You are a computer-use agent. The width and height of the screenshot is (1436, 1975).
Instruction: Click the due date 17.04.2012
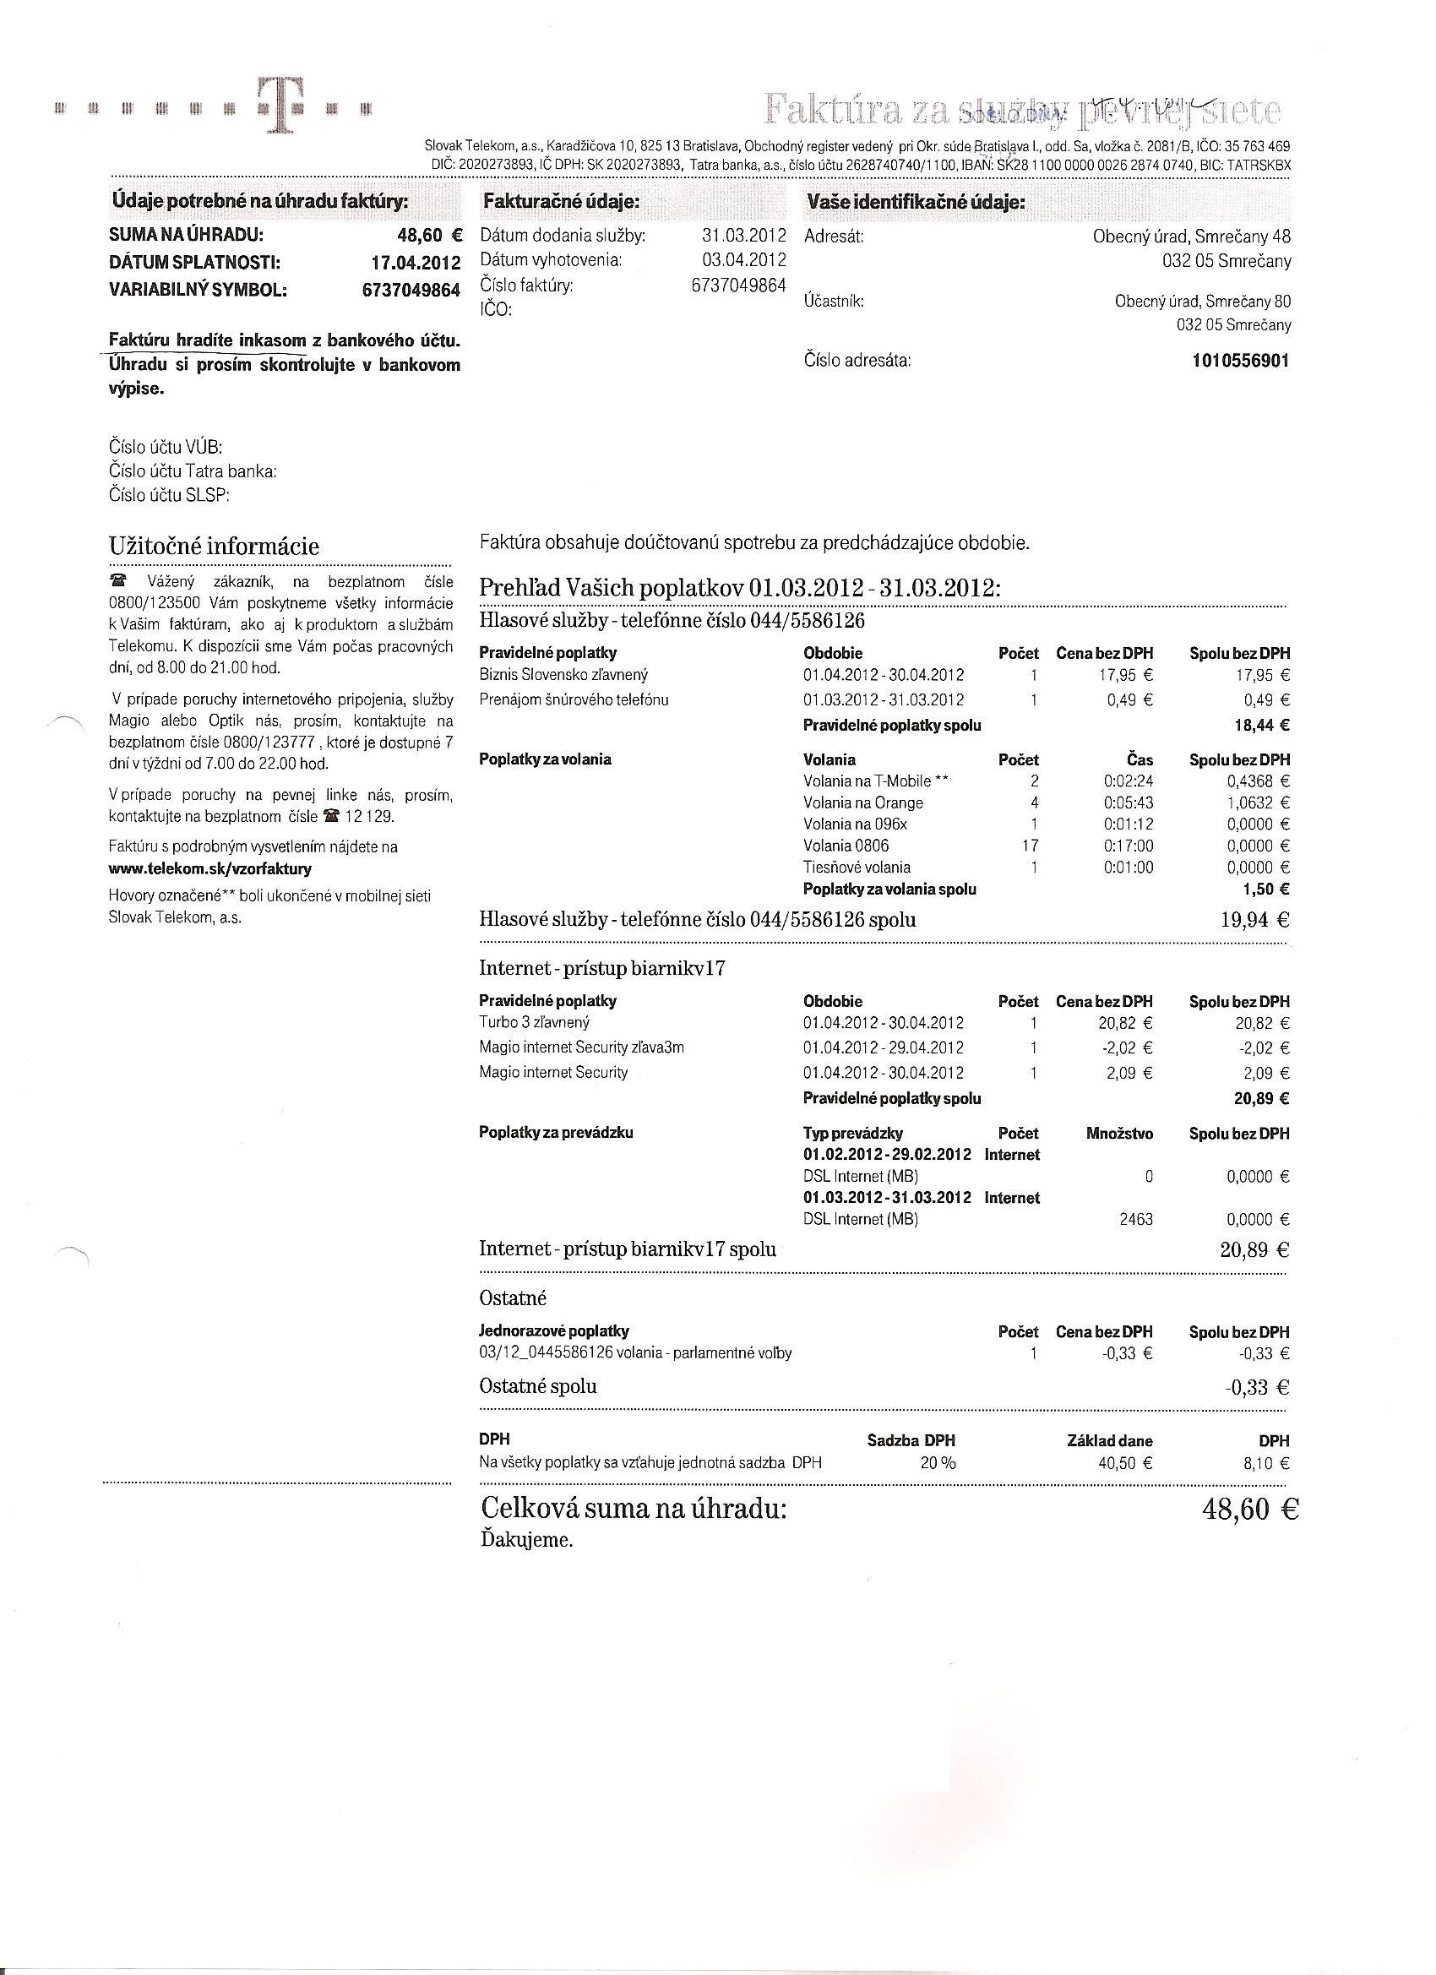416,263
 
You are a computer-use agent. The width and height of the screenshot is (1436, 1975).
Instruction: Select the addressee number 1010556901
1240,361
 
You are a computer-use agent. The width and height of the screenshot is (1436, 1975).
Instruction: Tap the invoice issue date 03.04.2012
743,259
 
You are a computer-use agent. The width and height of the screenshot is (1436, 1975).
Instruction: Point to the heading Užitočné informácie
214,547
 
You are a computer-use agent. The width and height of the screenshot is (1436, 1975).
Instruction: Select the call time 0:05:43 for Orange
1128,803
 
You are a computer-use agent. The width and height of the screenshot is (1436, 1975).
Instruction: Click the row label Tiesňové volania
856,868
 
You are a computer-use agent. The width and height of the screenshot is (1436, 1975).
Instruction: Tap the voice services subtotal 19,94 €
1254,920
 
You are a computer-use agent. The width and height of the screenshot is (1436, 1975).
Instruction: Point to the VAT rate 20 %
937,1463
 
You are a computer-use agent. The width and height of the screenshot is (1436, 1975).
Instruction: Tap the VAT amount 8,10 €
1266,1463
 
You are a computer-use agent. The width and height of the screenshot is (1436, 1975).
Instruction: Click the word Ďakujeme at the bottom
526,1540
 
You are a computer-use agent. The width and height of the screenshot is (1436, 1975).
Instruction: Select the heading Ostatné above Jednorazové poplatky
513,1298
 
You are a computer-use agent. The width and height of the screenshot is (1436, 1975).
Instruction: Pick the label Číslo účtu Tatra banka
193,471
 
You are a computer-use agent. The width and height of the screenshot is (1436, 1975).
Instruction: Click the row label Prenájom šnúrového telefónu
574,699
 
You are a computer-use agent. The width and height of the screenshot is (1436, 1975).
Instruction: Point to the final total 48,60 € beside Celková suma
1248,1509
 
